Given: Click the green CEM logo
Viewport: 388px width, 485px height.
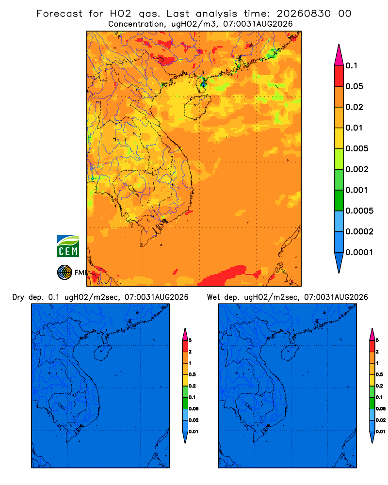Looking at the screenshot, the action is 68,246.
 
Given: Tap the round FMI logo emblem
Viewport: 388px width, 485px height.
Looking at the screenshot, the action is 65,272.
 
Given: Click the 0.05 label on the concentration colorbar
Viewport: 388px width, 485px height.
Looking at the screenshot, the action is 354,86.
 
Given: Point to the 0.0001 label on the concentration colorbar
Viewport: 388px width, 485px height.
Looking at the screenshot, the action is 359,252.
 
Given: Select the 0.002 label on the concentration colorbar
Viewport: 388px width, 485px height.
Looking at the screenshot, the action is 357,169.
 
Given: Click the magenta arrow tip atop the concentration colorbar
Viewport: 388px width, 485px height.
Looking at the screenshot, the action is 339,55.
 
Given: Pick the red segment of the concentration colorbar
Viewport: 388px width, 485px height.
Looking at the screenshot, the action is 339,76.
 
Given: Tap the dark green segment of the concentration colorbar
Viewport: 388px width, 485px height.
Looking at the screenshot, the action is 339,200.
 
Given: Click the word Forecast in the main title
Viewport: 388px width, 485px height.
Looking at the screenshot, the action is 59,14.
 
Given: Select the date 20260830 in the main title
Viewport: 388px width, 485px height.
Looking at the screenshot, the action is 304,14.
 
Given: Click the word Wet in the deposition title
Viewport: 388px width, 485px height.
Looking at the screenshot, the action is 213,297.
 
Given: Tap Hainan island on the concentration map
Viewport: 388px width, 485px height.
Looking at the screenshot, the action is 197,107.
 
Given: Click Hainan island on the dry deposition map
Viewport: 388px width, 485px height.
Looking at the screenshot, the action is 102,353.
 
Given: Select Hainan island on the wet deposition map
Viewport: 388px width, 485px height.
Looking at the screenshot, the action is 290,353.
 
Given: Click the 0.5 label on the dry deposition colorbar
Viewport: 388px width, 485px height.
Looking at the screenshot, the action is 192,374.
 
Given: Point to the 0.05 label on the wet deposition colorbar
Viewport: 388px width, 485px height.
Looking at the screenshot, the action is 381,408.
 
